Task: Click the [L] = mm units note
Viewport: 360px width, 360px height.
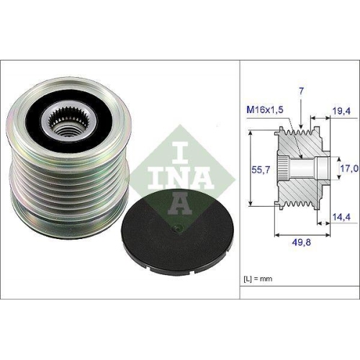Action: tap(258, 276)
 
